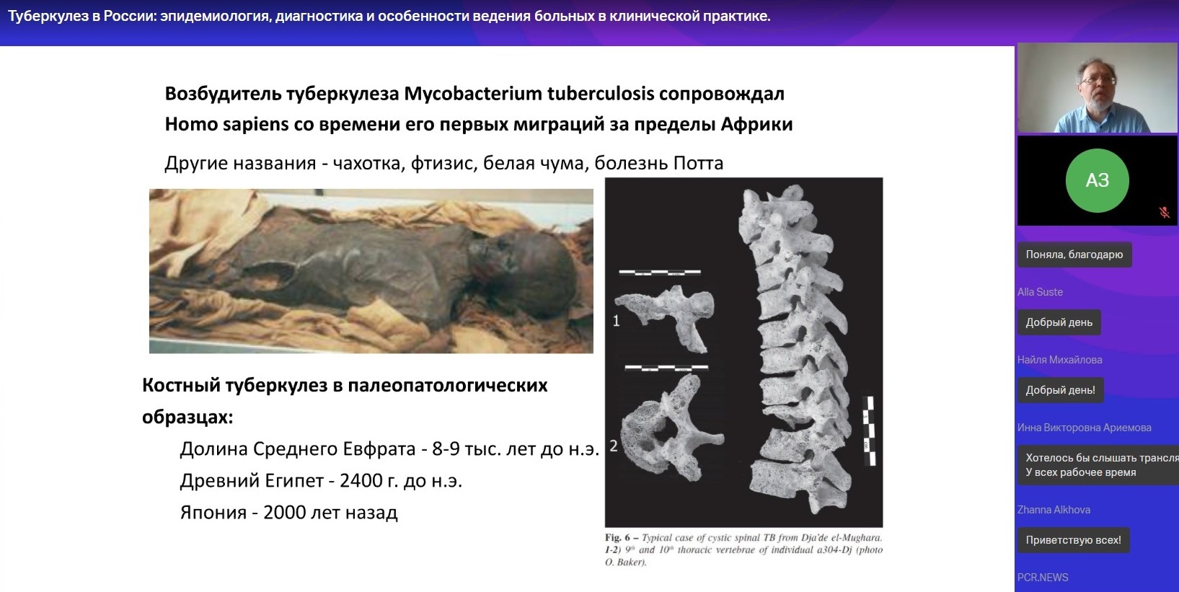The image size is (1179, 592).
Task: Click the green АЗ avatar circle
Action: coord(1097,180)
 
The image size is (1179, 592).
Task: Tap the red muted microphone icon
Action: coord(1164,212)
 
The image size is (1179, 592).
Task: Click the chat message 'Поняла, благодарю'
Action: coord(1074,255)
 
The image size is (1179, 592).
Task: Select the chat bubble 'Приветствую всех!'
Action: coord(1073,540)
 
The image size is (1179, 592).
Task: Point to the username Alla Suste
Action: coord(1040,292)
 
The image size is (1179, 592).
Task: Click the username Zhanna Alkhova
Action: coord(1054,510)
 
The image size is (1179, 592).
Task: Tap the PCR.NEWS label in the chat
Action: coord(1043,578)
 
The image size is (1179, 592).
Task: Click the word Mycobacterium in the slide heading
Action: coord(472,94)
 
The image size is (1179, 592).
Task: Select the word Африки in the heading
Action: coord(756,124)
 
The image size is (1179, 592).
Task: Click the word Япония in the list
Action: coord(213,512)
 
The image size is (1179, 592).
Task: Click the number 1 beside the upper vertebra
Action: coord(617,320)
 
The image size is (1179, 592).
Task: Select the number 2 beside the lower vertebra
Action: coord(614,446)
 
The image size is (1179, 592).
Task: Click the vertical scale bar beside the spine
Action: coord(870,431)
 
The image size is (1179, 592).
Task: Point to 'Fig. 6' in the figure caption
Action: coord(617,538)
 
